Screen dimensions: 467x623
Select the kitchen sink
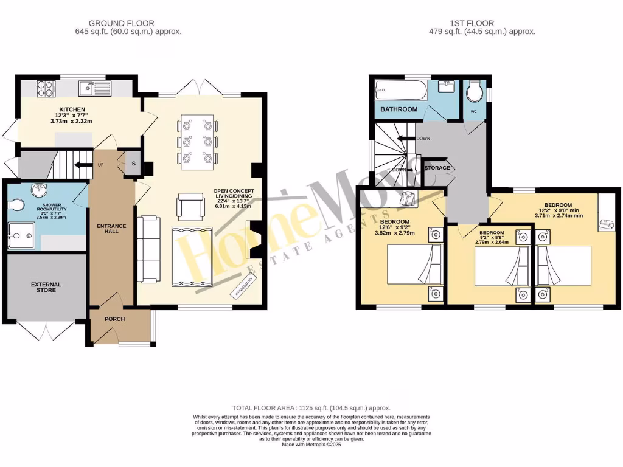(97, 89)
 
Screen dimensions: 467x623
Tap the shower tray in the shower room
(21, 235)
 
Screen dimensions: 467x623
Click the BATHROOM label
(399, 109)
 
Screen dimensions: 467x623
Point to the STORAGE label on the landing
(437, 168)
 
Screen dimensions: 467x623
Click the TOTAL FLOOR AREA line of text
(311, 408)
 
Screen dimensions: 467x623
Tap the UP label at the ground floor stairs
(101, 164)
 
